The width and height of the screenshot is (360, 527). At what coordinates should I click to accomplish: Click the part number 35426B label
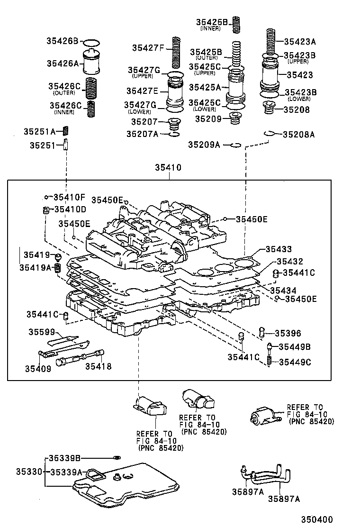tap(62, 41)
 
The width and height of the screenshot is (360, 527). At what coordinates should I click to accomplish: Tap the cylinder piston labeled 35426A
tap(92, 62)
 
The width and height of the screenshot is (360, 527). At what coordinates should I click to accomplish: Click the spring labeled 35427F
tap(176, 52)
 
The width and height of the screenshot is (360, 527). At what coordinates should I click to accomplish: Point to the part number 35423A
tap(299, 41)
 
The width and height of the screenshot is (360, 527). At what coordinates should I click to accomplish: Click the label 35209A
tap(204, 145)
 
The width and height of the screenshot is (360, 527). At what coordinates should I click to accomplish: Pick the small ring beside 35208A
tap(269, 134)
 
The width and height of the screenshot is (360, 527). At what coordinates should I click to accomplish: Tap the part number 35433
tap(279, 249)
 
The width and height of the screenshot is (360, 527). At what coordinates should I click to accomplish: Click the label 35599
tap(42, 332)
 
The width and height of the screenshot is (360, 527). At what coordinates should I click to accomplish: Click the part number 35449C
tap(295, 362)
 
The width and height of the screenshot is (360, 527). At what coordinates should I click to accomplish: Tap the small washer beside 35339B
tap(117, 458)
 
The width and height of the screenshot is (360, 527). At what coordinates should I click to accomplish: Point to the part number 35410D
tap(70, 209)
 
